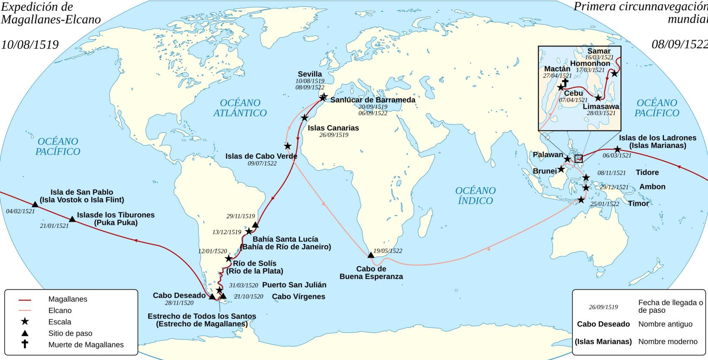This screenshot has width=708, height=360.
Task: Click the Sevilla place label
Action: coord(310,74)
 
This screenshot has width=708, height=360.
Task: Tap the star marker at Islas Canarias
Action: coord(305,118)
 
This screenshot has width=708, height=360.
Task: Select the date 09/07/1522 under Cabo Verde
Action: coord(262,163)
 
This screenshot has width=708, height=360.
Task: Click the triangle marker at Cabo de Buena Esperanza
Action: coord(371,255)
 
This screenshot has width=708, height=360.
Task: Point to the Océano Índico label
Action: coord(475,196)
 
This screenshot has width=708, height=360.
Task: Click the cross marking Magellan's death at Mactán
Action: coord(565,82)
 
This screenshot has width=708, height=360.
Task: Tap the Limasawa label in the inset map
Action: coord(601,107)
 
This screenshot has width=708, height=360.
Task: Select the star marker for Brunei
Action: coord(561,169)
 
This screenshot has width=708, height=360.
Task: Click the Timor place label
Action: coord(638,204)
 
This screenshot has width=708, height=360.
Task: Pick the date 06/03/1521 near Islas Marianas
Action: coord(617,156)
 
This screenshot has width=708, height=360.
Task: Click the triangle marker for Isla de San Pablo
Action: coord(35,204)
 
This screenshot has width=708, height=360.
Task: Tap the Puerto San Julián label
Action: coord(294,285)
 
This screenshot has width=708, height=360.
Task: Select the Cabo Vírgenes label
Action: coord(298,297)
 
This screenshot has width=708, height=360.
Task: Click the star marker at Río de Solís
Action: coord(229,259)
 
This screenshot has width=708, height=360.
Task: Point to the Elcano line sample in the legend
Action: coord(25,311)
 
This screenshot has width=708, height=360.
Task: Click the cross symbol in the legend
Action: coord(25,344)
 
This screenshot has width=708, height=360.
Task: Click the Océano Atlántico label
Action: coord(240,108)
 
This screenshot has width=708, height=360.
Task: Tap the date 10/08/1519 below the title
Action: coord(29,45)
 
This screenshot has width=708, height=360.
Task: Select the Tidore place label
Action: coord(647,173)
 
